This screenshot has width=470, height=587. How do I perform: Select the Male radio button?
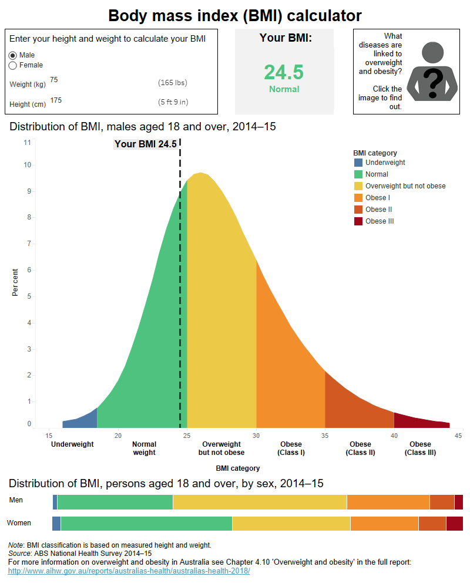pos(13,55)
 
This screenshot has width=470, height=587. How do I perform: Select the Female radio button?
pos(13,65)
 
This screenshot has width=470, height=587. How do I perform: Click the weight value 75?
pos(54,80)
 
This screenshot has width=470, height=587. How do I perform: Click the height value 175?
pos(56,100)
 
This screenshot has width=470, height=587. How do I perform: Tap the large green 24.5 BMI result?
pos(284,72)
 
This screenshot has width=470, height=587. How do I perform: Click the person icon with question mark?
pos(433,72)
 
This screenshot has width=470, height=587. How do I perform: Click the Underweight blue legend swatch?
pos(358,163)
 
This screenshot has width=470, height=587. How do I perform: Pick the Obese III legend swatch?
pos(358,221)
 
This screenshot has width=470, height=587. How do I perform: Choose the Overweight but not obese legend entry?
pos(405,186)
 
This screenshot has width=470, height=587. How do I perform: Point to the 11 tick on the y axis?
pos(27,142)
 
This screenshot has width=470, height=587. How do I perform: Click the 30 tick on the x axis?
pos(256,436)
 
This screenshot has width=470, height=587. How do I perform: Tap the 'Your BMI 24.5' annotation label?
pos(145,144)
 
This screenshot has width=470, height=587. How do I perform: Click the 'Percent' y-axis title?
pos(15,282)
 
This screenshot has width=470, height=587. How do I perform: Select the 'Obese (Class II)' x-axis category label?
pos(360,448)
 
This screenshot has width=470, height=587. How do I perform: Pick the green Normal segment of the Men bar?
pos(115,502)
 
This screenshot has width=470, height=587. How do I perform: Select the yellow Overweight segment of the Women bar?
pos(291,524)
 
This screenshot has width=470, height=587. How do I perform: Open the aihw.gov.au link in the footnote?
pos(129,571)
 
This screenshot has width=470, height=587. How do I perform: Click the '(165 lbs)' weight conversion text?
pos(173,83)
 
